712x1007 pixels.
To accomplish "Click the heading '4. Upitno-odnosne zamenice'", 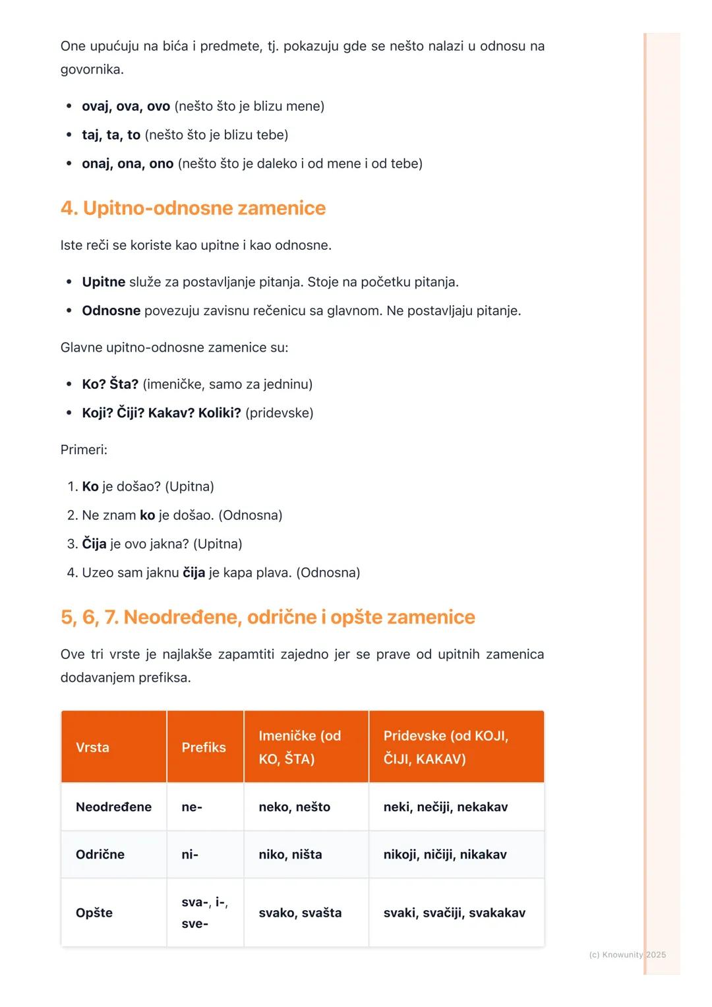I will point(193,208).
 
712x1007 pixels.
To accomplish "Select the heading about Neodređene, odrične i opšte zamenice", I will point(268,618).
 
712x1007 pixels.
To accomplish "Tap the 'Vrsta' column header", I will point(92,747).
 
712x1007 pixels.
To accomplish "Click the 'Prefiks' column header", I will point(204,747).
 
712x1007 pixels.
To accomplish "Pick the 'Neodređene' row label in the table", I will point(113,807).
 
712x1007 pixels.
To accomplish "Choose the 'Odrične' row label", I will point(100,854).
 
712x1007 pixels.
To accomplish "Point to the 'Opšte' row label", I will point(94,913).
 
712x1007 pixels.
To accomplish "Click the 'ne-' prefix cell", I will point(192,807).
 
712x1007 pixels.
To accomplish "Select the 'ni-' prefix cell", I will point(190,854).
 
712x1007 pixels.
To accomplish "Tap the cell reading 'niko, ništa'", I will point(290,854).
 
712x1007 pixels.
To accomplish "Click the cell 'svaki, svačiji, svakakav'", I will point(454,913).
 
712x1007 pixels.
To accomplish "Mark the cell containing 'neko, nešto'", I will point(294,807).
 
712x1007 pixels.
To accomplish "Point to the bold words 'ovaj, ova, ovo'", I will point(126,106).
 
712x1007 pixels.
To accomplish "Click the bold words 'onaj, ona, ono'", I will point(128,163).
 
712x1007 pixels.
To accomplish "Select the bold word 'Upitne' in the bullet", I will point(104,282).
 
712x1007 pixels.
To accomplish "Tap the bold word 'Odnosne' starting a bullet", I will point(111,310).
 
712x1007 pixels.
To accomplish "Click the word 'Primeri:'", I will point(84,450).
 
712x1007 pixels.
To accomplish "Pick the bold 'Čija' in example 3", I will point(94,544).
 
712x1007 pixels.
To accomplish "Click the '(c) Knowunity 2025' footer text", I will point(627,954).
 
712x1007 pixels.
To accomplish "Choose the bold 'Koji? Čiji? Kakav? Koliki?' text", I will point(162,413).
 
